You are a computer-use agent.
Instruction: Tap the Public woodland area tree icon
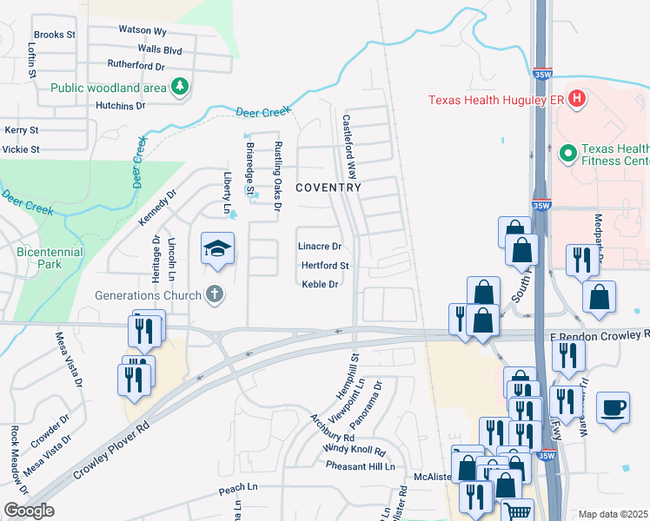[180, 86]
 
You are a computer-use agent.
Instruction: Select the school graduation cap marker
[217, 249]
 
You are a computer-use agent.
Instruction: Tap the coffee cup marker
[614, 407]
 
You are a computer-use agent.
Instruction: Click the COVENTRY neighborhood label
[328, 188]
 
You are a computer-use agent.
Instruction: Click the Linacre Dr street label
[319, 247]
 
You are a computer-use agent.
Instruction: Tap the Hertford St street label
[325, 266]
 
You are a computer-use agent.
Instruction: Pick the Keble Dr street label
[319, 284]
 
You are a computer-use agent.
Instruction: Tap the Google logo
[29, 511]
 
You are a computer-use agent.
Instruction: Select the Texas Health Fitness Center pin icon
[568, 154]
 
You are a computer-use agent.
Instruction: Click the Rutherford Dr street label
[136, 65]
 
